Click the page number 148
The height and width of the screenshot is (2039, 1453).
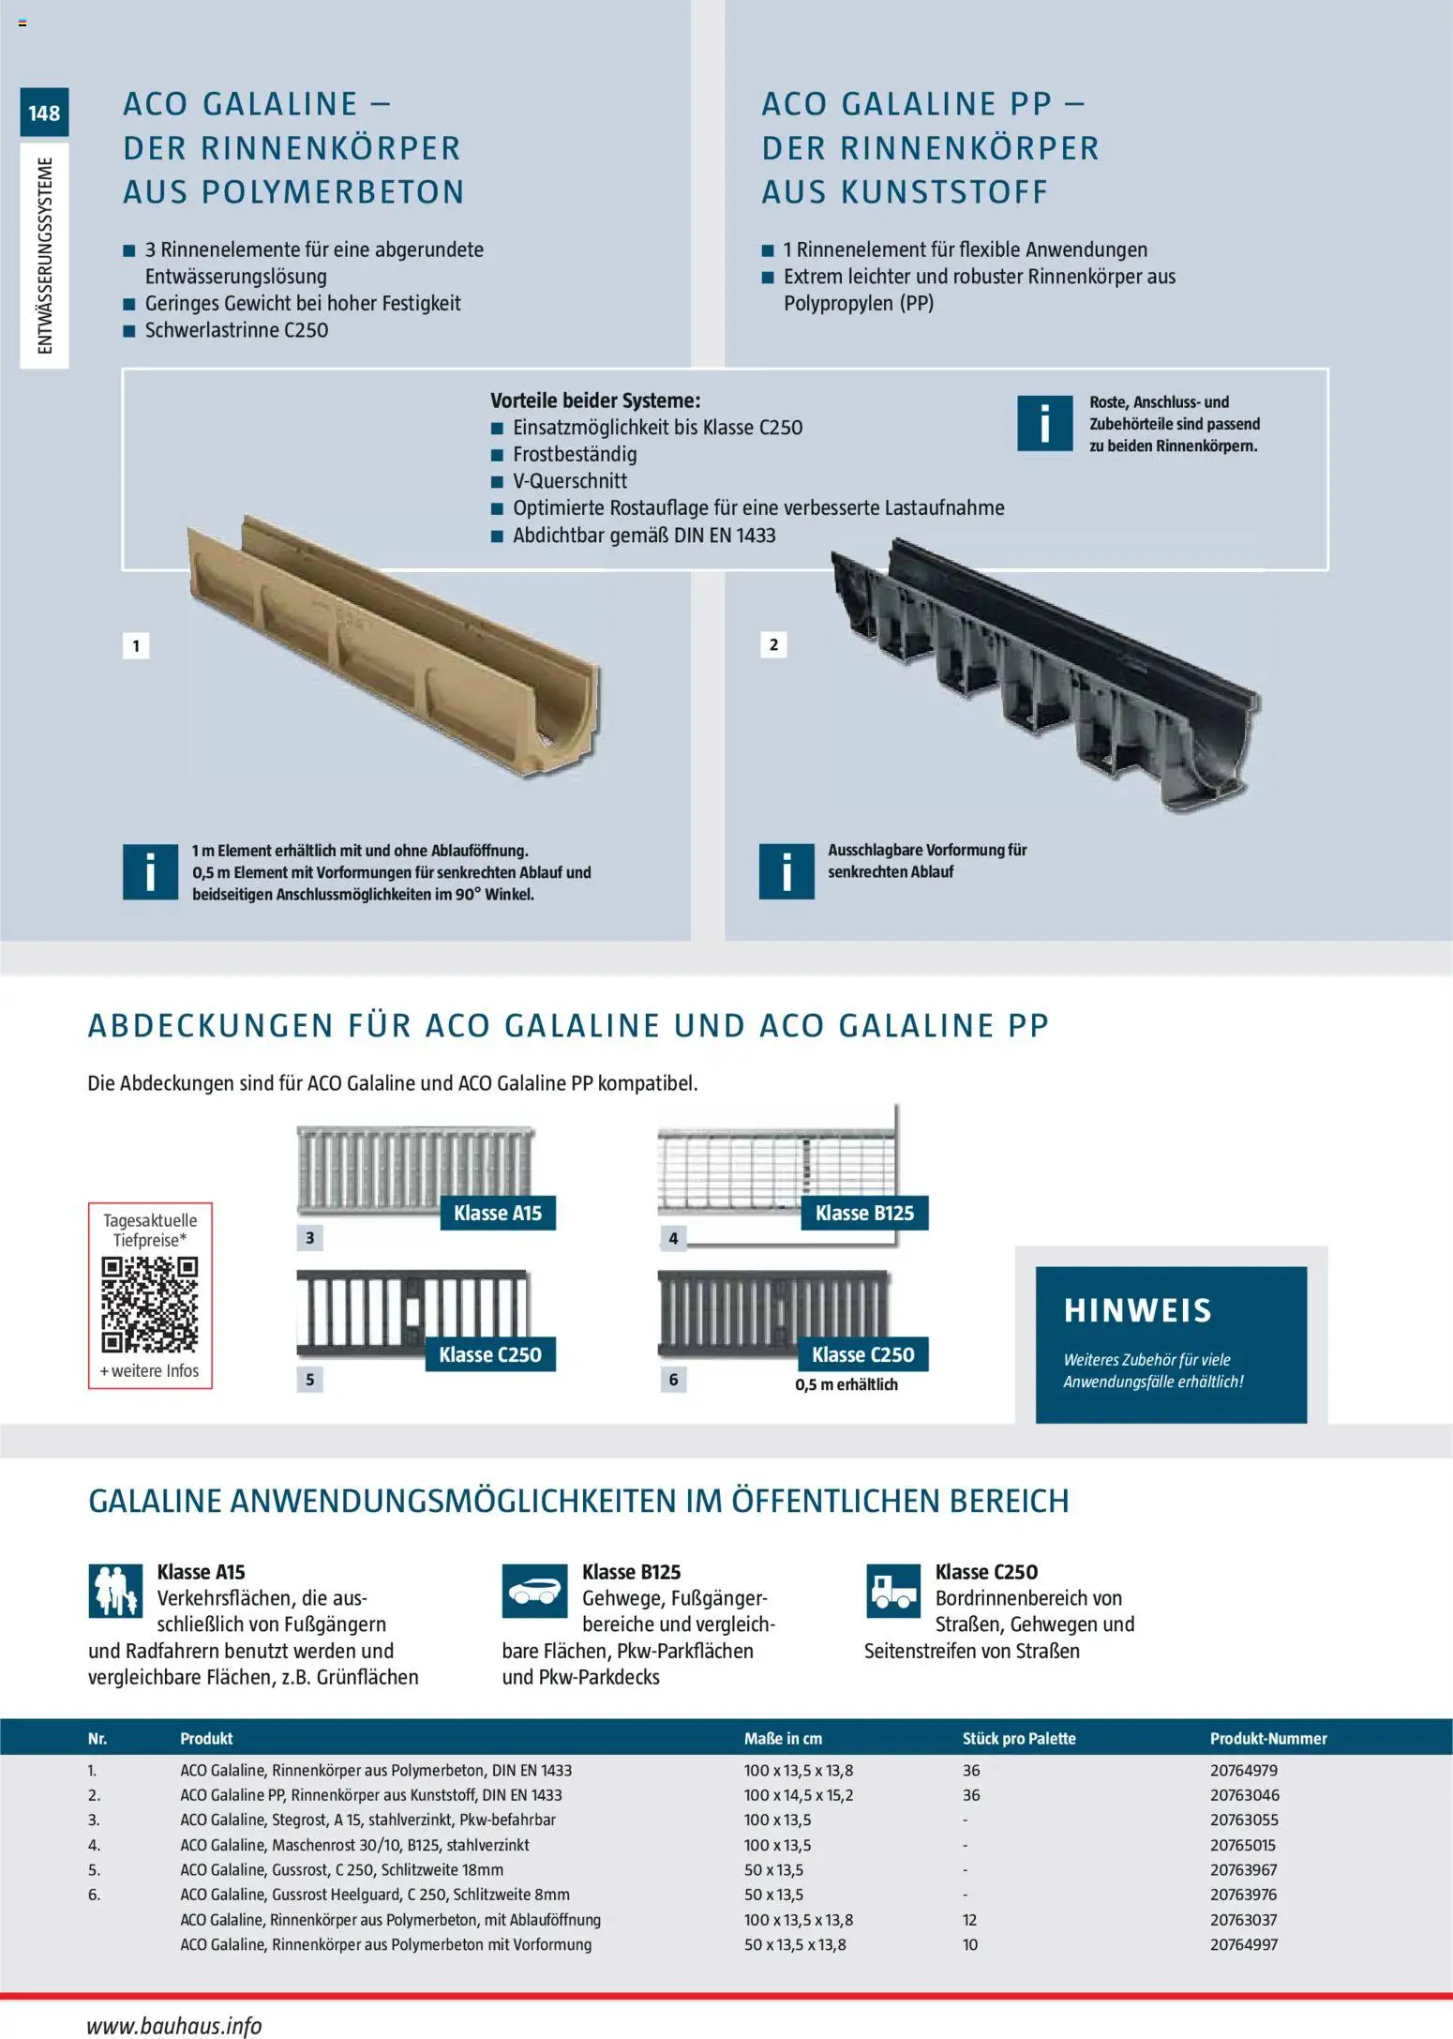(x=44, y=113)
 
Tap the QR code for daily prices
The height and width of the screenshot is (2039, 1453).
(x=150, y=1305)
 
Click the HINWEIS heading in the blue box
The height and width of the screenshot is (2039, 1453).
(x=1137, y=1310)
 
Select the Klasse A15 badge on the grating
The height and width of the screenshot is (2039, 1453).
(x=498, y=1213)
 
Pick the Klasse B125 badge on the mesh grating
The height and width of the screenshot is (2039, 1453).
(x=864, y=1213)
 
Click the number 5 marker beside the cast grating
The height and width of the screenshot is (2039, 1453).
(x=309, y=1380)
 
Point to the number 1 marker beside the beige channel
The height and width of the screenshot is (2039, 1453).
(x=136, y=645)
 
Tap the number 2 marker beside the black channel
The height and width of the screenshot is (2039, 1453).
(x=773, y=644)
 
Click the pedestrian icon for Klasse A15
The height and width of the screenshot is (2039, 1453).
(x=115, y=1591)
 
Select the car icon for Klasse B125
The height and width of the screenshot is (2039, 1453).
(x=534, y=1591)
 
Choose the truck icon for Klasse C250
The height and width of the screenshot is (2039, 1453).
(x=892, y=1591)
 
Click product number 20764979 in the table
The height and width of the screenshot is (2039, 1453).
(x=1244, y=1771)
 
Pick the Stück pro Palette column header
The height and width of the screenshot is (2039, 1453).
(x=1019, y=1739)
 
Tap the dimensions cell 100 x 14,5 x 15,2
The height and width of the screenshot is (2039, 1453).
(x=799, y=1795)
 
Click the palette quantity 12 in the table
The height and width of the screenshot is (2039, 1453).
(x=969, y=1920)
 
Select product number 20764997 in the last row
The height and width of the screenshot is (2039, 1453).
(x=1244, y=1944)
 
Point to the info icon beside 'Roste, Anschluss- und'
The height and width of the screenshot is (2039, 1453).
(x=1044, y=423)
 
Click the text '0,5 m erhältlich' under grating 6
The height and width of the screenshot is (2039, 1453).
(x=846, y=1384)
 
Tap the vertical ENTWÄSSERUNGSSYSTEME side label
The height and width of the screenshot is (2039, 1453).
(x=45, y=255)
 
